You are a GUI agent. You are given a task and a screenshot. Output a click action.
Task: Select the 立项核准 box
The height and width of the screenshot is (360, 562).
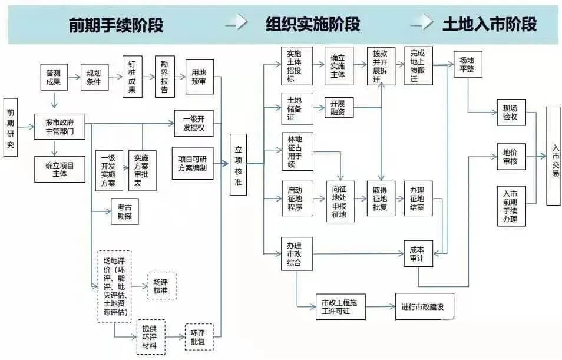[239, 164]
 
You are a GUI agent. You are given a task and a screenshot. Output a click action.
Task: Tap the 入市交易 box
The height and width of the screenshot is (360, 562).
[553, 156]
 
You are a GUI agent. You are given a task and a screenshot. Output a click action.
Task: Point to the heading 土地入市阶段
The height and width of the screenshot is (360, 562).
[490, 24]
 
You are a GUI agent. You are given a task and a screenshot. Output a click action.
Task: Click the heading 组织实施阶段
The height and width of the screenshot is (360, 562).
[312, 25]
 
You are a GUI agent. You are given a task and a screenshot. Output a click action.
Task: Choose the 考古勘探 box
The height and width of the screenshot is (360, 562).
[124, 212]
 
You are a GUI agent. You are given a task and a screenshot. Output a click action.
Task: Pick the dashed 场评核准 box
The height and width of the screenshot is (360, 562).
[161, 286]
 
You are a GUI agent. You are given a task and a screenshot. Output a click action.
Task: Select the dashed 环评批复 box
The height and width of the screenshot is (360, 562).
[199, 336]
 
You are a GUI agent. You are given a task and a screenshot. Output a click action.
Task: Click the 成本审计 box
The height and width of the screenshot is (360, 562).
[418, 253]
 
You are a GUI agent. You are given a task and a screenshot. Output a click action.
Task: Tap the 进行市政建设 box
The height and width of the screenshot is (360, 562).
[424, 306]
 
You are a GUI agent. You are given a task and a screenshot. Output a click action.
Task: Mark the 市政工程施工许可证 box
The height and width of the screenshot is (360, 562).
[340, 306]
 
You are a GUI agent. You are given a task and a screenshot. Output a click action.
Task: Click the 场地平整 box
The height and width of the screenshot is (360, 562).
[467, 64]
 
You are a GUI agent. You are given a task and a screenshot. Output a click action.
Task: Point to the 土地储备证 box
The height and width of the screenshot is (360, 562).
[296, 108]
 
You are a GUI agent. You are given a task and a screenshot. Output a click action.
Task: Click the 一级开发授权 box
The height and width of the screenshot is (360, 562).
[194, 123]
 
